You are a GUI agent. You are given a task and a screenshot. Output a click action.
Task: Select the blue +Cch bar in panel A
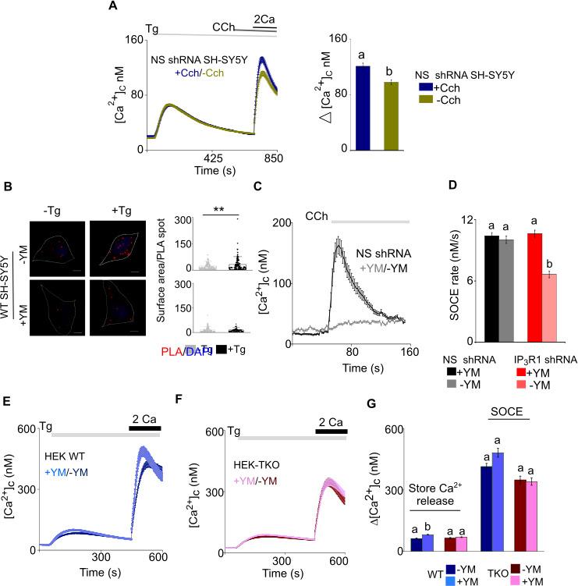pos(362,108)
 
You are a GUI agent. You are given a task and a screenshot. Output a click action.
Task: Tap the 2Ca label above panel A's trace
pos(264,17)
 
